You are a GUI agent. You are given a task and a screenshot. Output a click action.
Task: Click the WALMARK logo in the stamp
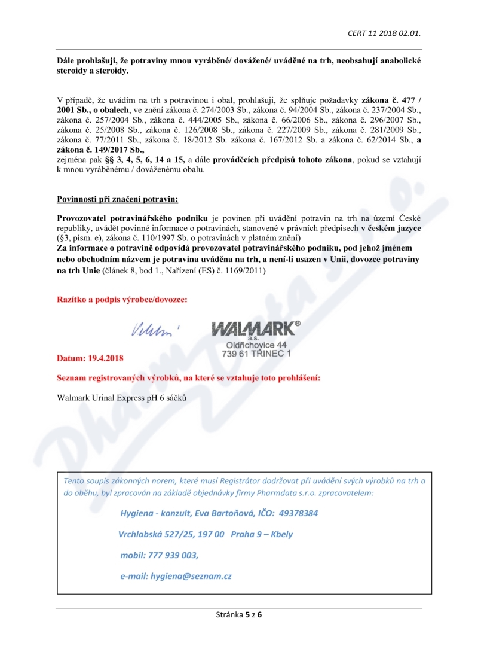253,328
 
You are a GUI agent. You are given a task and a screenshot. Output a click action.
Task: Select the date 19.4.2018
106,358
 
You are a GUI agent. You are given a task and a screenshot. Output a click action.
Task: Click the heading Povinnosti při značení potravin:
117,199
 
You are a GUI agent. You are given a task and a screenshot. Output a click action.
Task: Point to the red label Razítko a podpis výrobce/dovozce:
122,299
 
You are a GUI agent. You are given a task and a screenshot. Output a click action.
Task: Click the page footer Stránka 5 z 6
239,614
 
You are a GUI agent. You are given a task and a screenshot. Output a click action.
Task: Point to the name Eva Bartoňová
226,513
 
